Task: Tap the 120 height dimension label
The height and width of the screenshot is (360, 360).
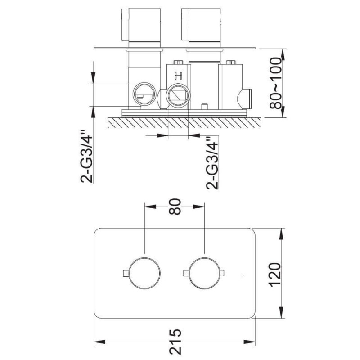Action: pyautogui.click(x=275, y=274)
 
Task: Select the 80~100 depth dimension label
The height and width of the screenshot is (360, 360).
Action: pyautogui.click(x=275, y=83)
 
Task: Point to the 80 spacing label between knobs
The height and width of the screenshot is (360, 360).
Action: pyautogui.click(x=175, y=207)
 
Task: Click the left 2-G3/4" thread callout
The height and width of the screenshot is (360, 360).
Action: pyautogui.click(x=86, y=157)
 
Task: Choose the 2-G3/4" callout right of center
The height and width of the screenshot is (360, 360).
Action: pyautogui.click(x=212, y=163)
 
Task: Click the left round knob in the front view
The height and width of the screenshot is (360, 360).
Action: pyautogui.click(x=144, y=273)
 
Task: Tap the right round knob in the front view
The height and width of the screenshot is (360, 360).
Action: pyautogui.click(x=204, y=273)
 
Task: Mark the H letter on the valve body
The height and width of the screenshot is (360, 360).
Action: pyautogui.click(x=178, y=75)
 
